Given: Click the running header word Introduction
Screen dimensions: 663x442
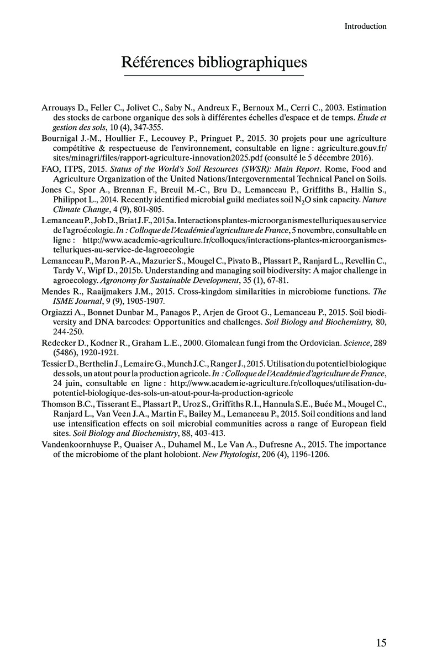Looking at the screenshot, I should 365,26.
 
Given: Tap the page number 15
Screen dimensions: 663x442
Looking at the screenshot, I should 381,642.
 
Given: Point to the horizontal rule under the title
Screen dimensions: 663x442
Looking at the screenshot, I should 214,76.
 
